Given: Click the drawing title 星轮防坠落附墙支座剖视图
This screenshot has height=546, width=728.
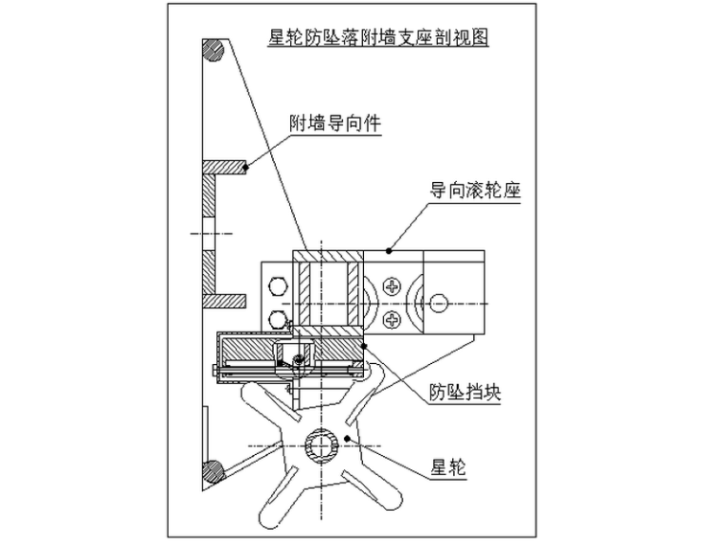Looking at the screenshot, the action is [x=378, y=37].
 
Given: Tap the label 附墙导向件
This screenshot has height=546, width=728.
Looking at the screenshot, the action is [x=334, y=124].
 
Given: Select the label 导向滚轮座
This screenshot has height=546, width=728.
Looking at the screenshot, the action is [x=475, y=190].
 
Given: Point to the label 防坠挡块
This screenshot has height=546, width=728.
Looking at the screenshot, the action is [x=465, y=393].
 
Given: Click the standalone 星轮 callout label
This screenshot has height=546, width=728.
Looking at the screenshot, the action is [x=448, y=467].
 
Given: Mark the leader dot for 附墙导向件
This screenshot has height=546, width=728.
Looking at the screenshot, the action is [x=246, y=167].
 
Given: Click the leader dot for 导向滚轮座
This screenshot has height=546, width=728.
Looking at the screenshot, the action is [x=389, y=251].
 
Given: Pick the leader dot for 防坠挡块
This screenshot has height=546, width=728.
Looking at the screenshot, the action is [x=364, y=346].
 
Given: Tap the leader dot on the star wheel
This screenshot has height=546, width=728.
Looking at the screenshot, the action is [x=347, y=438].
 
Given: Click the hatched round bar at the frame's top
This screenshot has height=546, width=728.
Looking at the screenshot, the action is [x=213, y=50].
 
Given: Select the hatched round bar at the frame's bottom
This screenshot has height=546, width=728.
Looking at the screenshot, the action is [x=213, y=471].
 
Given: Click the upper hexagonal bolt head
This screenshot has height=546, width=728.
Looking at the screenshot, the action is [x=278, y=285].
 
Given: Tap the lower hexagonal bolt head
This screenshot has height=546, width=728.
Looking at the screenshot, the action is [x=278, y=319].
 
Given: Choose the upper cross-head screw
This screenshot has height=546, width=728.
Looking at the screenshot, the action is [x=393, y=286].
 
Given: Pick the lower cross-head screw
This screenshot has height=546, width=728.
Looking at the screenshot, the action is [x=393, y=320].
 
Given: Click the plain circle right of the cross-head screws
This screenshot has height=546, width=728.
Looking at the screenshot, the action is [x=439, y=304].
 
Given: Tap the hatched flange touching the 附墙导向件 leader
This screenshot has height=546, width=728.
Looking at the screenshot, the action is [x=224, y=168].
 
